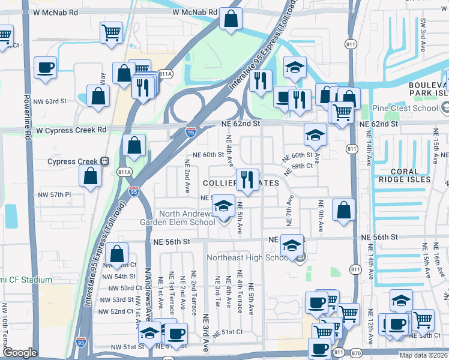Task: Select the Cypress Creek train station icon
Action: pyautogui.click(x=104, y=161)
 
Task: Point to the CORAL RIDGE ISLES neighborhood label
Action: pyautogui.click(x=403, y=179)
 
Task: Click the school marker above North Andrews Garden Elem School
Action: pyautogui.click(x=223, y=207)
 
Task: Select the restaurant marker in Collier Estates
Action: pyautogui.click(x=246, y=179)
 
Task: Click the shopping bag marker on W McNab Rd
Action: pyautogui.click(x=231, y=19)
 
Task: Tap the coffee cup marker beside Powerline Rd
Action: pyautogui.click(x=45, y=67)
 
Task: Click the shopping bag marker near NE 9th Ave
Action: pyautogui.click(x=343, y=211)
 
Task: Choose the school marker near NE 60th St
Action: pyautogui.click(x=315, y=136)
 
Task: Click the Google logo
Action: pyautogui.click(x=20, y=353)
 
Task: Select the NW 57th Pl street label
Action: pyautogui.click(x=55, y=195)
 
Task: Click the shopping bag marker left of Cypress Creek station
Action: pyautogui.click(x=90, y=176)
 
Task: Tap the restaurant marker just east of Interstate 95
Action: pyautogui.click(x=260, y=81)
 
